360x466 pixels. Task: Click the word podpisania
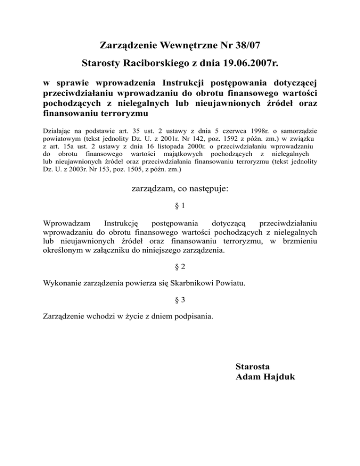click(193, 316)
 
